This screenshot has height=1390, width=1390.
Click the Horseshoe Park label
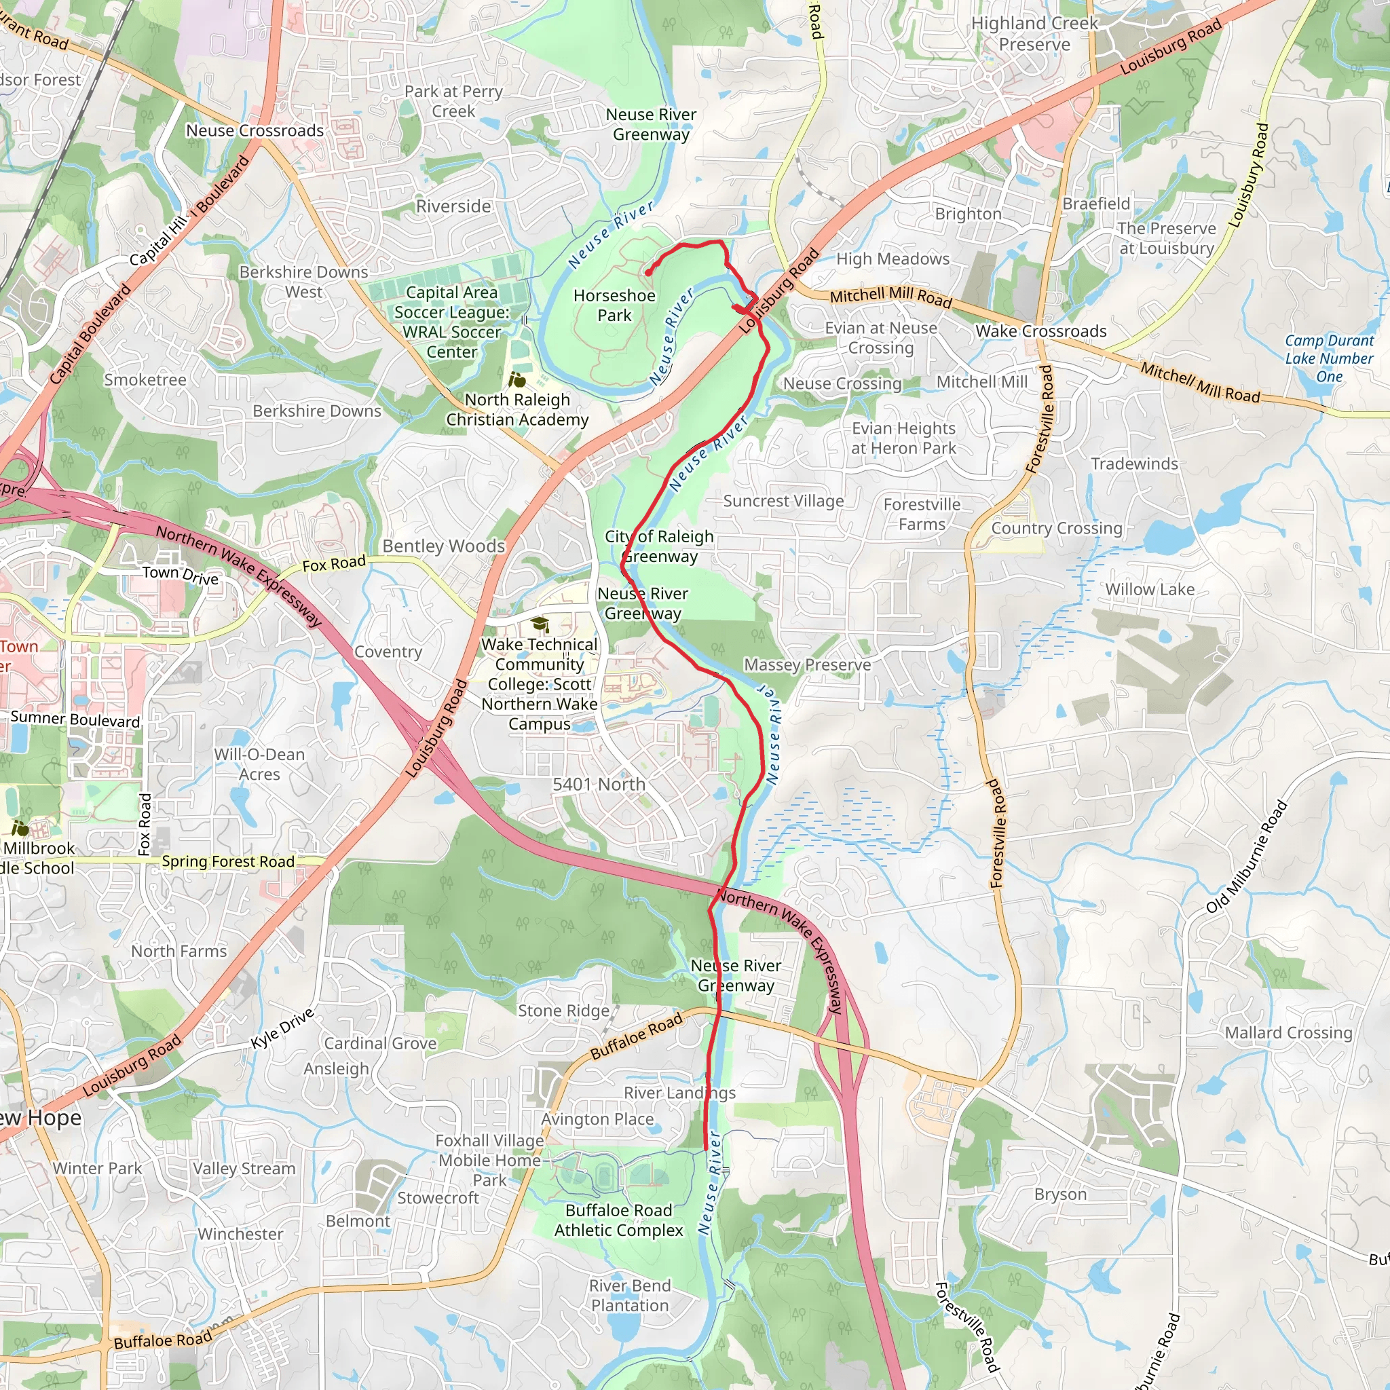(614, 306)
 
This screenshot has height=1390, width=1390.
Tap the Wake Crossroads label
(1040, 332)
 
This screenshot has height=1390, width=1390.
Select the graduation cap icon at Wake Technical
(540, 624)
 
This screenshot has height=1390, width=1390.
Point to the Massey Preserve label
(806, 664)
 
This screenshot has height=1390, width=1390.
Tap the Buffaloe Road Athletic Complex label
(618, 1220)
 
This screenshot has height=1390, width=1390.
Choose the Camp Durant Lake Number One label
(1329, 358)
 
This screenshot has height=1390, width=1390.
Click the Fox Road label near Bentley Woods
(334, 564)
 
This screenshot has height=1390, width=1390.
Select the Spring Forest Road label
(228, 861)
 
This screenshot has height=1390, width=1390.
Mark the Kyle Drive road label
(282, 1029)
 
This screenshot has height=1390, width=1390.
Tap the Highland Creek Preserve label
(1034, 34)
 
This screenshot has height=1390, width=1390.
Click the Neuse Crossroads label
(255, 131)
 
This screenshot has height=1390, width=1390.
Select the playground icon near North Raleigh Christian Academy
(517, 379)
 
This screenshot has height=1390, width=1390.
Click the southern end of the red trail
(705, 1148)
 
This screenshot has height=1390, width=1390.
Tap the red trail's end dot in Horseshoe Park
(647, 273)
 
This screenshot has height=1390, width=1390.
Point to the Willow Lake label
(1149, 590)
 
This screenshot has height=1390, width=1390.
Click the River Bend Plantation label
(630, 1296)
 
